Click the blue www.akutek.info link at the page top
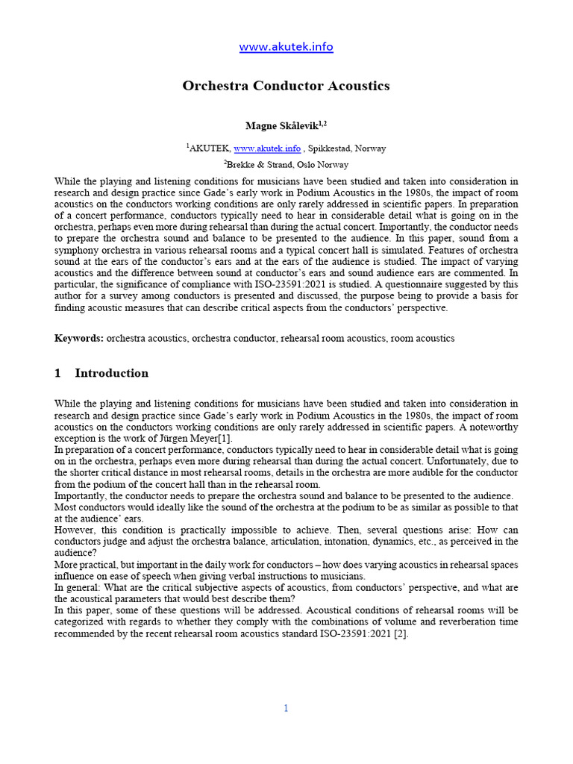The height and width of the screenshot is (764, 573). (x=286, y=47)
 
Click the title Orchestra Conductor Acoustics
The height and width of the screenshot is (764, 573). (x=286, y=86)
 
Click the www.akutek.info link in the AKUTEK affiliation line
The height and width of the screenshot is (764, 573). (x=267, y=148)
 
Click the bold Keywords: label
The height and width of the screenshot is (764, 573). (x=79, y=338)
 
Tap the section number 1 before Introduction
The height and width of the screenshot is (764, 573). (x=58, y=373)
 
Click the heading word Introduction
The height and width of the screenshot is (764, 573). (x=112, y=373)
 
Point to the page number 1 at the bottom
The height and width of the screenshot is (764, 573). (x=286, y=708)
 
